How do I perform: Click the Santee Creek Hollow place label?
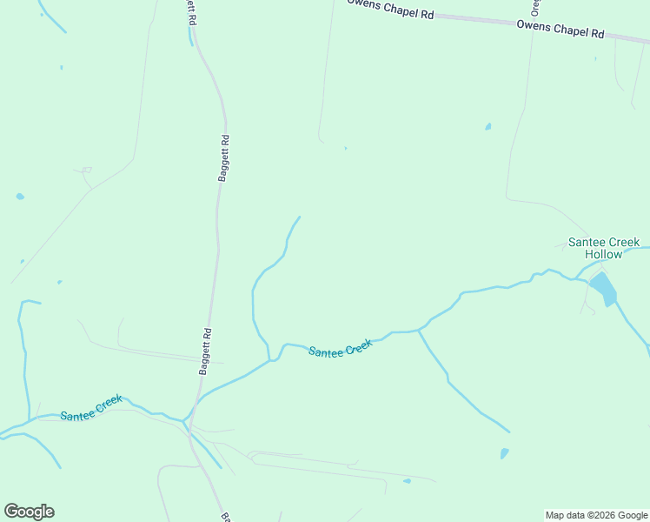[x=604, y=248]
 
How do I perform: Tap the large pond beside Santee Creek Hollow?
[x=603, y=288]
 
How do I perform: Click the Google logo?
[x=29, y=512]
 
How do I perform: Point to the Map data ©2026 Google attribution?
[x=597, y=515]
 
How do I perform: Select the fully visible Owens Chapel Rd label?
[x=560, y=30]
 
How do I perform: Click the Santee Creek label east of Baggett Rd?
[x=341, y=348]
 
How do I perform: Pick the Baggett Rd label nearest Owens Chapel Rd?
[x=224, y=157]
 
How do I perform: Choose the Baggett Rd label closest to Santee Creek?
[x=206, y=351]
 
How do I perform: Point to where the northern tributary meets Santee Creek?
[x=271, y=359]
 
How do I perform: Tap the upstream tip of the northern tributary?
[x=300, y=217]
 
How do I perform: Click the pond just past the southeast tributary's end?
[x=504, y=453]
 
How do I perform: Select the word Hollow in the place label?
[x=604, y=254]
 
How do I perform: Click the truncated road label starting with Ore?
[x=535, y=7]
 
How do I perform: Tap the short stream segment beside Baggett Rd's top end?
[x=190, y=37]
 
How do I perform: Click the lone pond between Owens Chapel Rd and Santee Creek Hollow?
[x=487, y=127]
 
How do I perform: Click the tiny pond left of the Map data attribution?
[x=407, y=480]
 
